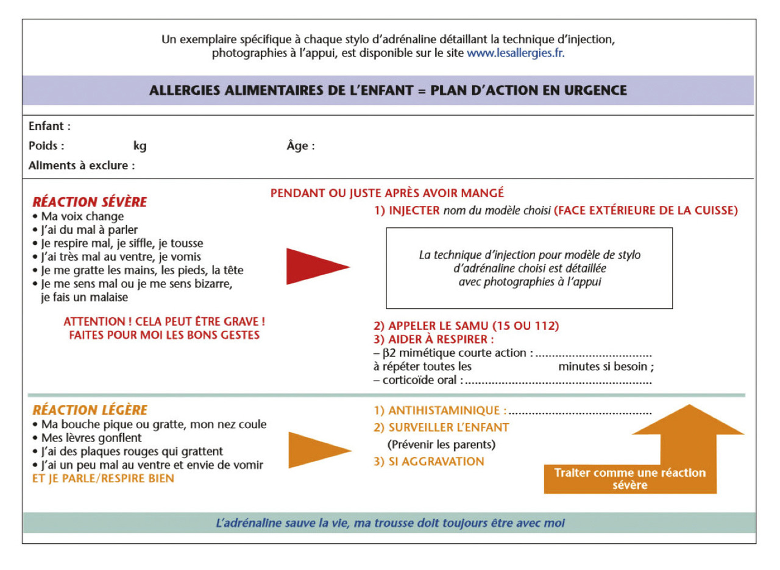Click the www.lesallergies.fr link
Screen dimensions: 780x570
tap(516, 53)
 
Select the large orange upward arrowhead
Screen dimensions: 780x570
tap(688, 420)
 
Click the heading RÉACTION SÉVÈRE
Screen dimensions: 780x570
tap(90, 202)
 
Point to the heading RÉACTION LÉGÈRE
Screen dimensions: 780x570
tap(90, 410)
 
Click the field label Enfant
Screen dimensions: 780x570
tap(49, 126)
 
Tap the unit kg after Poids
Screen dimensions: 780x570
tap(140, 146)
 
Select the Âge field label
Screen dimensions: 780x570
tap(300, 146)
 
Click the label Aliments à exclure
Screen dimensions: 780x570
tap(82, 166)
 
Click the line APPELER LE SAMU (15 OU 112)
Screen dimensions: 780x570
tap(466, 326)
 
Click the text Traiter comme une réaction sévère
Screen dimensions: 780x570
tap(630, 479)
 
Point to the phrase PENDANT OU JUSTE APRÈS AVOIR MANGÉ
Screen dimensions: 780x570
tap(387, 193)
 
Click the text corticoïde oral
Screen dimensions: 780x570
tap(419, 380)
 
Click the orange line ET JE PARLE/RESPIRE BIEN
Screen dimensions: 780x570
tap(103, 479)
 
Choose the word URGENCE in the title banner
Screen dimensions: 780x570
tap(595, 91)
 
